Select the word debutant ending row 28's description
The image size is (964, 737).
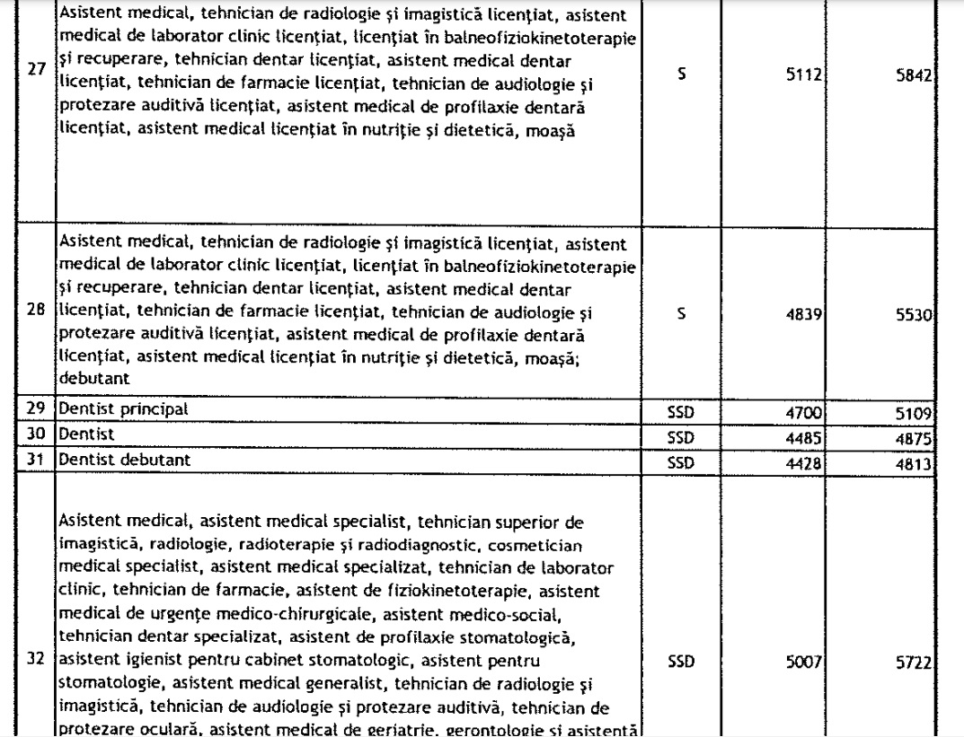coord(88,378)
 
